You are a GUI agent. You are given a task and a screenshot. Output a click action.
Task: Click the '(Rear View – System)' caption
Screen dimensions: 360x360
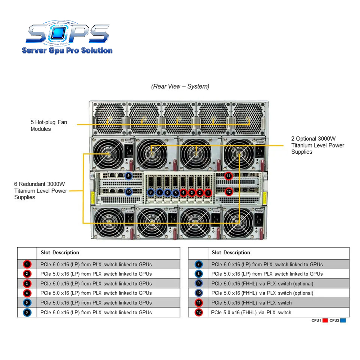point(180,86)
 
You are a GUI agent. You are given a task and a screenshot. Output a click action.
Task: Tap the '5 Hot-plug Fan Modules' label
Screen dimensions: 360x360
point(49,126)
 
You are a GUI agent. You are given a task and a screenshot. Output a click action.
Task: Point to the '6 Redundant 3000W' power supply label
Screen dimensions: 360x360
point(41,190)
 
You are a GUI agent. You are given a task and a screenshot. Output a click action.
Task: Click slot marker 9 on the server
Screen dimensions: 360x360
point(129,176)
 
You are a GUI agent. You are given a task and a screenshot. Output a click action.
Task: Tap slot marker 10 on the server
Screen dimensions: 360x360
point(129,192)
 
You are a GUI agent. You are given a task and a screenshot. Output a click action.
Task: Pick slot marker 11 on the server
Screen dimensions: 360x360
point(228,176)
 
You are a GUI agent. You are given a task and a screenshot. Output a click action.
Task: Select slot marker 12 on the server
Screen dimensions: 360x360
point(228,192)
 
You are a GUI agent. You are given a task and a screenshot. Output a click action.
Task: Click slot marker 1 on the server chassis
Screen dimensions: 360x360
point(208,193)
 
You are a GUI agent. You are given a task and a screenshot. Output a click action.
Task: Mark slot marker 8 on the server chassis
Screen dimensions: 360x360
point(151,193)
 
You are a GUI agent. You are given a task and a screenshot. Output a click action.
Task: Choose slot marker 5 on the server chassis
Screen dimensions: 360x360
point(175,193)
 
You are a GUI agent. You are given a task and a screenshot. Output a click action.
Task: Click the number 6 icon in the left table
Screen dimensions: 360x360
point(27,312)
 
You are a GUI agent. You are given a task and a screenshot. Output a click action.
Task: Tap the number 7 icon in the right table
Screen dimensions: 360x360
point(198,265)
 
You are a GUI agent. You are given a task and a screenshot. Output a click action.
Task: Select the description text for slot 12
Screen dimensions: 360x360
point(251,312)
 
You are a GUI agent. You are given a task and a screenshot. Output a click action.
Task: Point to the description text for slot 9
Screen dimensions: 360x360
point(262,284)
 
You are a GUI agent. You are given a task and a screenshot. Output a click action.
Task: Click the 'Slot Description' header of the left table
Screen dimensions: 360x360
point(60,253)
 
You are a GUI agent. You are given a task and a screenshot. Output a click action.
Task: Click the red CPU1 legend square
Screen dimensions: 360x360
point(325,320)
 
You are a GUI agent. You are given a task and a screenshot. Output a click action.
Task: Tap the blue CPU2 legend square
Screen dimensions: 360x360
point(343,320)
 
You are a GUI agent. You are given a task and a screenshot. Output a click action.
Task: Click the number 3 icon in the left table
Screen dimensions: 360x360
point(27,284)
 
